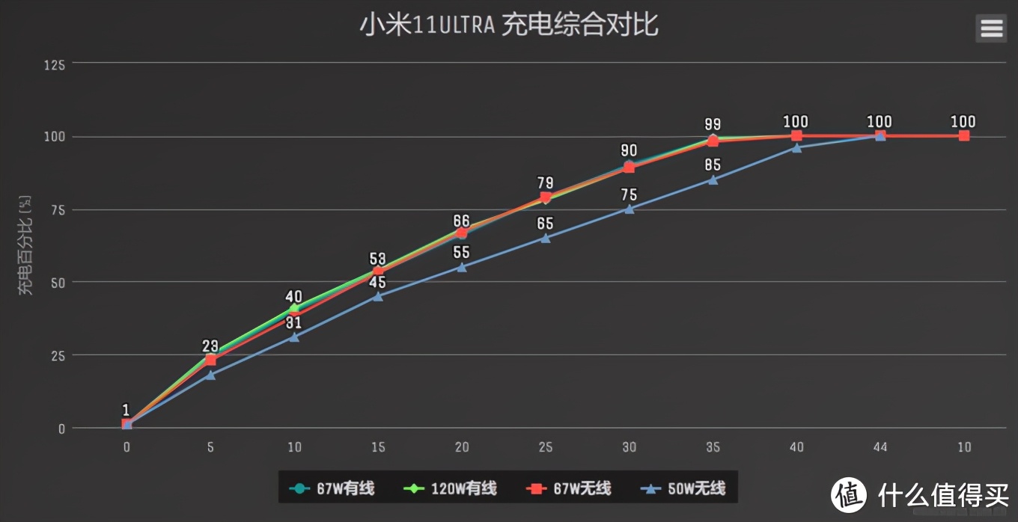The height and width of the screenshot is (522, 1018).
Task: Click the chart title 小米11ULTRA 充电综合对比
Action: [x=508, y=25]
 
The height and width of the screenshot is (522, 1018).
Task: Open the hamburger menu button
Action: [x=991, y=28]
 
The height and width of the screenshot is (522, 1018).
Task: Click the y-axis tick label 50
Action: [x=58, y=283]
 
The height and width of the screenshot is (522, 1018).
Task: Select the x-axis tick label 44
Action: [x=880, y=447]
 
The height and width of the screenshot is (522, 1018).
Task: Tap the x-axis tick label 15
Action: [x=378, y=447]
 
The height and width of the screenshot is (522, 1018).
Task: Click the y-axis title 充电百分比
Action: [x=26, y=245]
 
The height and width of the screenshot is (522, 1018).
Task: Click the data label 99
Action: [x=713, y=124]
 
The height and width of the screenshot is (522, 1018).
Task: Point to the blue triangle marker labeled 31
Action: [x=294, y=337]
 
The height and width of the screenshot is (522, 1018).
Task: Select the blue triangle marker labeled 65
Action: [x=546, y=239]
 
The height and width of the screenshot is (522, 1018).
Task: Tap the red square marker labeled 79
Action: [x=546, y=198]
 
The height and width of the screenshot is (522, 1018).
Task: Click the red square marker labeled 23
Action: [x=210, y=360]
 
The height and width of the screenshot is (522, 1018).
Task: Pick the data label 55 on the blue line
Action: [x=462, y=253]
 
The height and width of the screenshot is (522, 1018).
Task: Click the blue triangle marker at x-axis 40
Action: [x=796, y=148]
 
